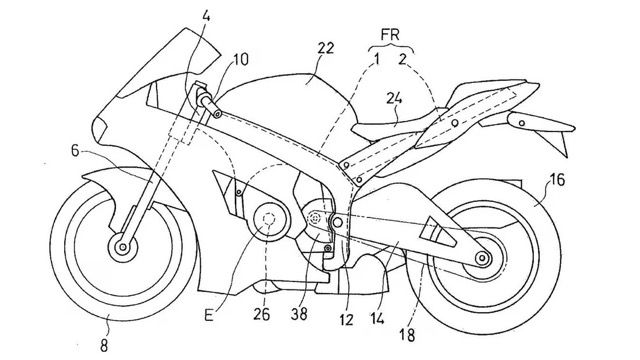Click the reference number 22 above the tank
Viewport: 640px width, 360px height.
(x=326, y=48)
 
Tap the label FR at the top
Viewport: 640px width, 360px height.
(x=389, y=35)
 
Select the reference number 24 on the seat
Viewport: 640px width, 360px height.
(x=394, y=98)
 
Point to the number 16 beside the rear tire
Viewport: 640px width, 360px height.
(x=557, y=179)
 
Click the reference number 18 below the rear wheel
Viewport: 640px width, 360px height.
(x=408, y=335)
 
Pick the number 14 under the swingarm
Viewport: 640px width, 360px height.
(x=377, y=318)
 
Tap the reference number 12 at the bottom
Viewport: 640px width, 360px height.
(x=346, y=320)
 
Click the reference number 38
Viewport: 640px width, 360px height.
(x=299, y=314)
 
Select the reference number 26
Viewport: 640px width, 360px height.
(x=261, y=314)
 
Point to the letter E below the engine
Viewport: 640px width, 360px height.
(x=209, y=316)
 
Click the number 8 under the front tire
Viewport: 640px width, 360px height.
(x=104, y=346)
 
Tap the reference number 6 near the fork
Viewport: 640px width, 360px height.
(x=75, y=151)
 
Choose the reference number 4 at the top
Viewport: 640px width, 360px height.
(x=206, y=16)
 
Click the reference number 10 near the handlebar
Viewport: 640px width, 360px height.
(x=241, y=60)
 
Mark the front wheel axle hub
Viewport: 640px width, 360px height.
(x=122, y=247)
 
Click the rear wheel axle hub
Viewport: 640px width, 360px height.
(x=482, y=258)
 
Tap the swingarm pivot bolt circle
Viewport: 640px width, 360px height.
(x=337, y=222)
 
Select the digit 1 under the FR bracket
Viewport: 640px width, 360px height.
(x=377, y=60)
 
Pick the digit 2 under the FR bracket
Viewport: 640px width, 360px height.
(x=402, y=60)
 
